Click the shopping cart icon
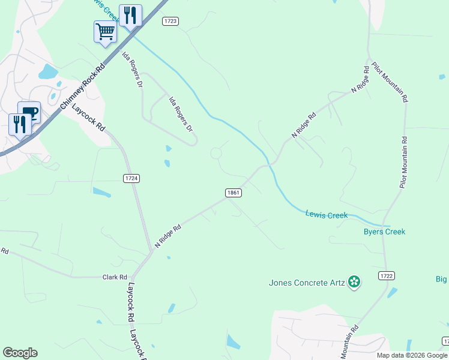(x=105, y=31)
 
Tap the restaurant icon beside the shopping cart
(x=130, y=14)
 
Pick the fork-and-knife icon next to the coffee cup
(x=20, y=124)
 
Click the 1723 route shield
(x=170, y=21)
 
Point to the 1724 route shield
(x=131, y=178)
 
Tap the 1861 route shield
(x=234, y=193)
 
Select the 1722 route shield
(x=387, y=275)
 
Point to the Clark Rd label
(x=115, y=277)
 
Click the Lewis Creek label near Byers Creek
(x=326, y=214)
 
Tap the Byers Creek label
(x=384, y=232)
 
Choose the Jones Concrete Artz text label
(x=306, y=282)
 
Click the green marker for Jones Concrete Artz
(x=354, y=281)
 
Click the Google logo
(x=20, y=353)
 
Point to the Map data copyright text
(x=412, y=355)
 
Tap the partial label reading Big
(x=442, y=278)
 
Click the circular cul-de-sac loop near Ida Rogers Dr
(x=216, y=154)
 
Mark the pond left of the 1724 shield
(x=101, y=193)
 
